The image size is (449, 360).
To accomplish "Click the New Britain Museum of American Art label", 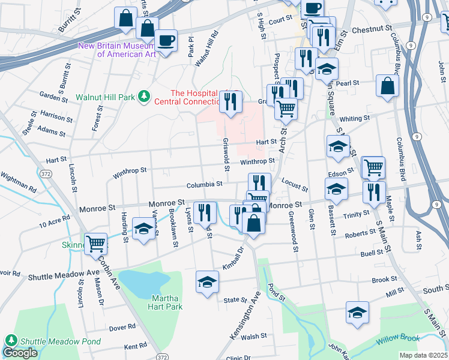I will tap(118, 50).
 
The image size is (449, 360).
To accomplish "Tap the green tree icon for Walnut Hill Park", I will tap(143, 97).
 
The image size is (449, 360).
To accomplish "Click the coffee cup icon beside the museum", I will tap(166, 41).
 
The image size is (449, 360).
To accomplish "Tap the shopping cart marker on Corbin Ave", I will tap(95, 244).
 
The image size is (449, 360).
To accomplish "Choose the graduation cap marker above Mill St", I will tap(357, 313).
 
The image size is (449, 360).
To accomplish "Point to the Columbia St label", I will tap(204, 185).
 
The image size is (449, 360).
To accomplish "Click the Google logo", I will tap(20, 353).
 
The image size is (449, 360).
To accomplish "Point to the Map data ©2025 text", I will tap(423, 355).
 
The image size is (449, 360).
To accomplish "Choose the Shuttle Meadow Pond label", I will tap(59, 341).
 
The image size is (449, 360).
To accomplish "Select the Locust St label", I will tap(294, 188).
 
